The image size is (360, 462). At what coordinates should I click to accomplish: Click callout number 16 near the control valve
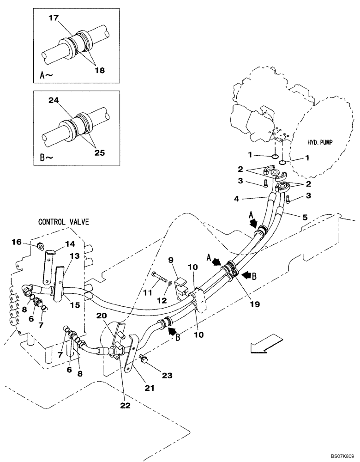tap(16, 242)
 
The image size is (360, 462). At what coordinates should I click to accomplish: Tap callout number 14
tap(70, 244)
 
